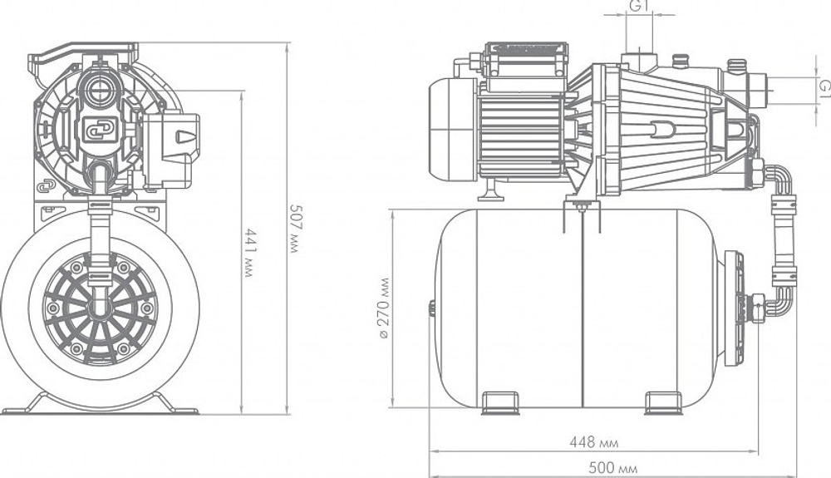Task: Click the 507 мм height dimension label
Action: click(294, 229)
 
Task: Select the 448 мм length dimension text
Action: click(593, 442)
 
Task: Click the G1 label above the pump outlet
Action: click(640, 5)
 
